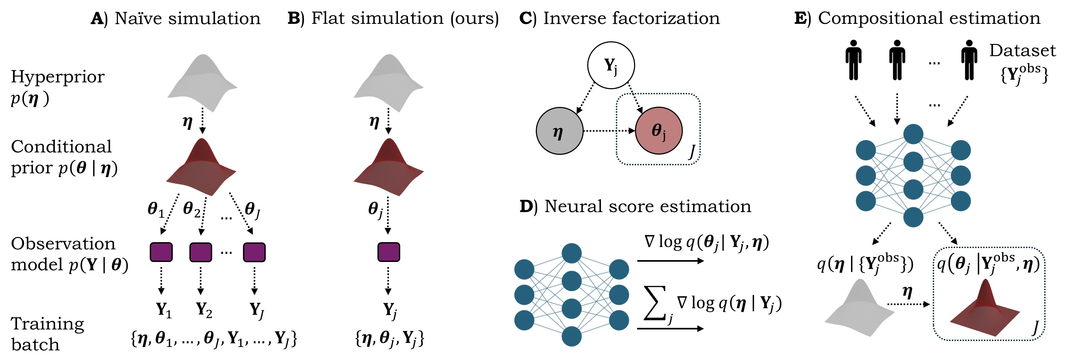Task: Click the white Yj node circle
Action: [x=611, y=65]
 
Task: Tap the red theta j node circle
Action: [x=658, y=130]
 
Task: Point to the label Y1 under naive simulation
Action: [x=163, y=310]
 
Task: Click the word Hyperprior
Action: [x=57, y=77]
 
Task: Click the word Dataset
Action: [x=1022, y=51]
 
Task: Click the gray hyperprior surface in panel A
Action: [x=203, y=83]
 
